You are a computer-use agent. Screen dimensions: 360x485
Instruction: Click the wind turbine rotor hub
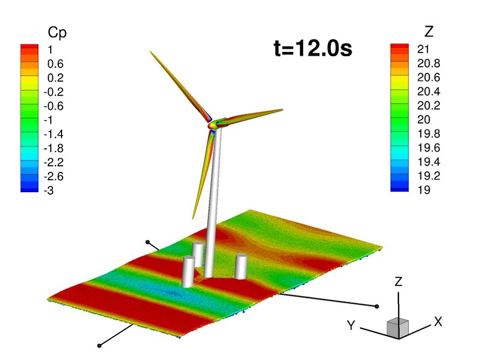212,124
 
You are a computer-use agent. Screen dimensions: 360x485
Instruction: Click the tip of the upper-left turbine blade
151,52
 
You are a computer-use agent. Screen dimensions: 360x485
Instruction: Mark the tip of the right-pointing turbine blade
282,110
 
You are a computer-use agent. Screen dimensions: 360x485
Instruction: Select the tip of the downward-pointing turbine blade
193,218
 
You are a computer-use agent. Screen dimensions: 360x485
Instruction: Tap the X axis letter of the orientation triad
438,322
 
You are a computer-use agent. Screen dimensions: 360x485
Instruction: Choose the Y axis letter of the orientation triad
352,325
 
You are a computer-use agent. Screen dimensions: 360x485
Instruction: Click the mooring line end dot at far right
376,306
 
